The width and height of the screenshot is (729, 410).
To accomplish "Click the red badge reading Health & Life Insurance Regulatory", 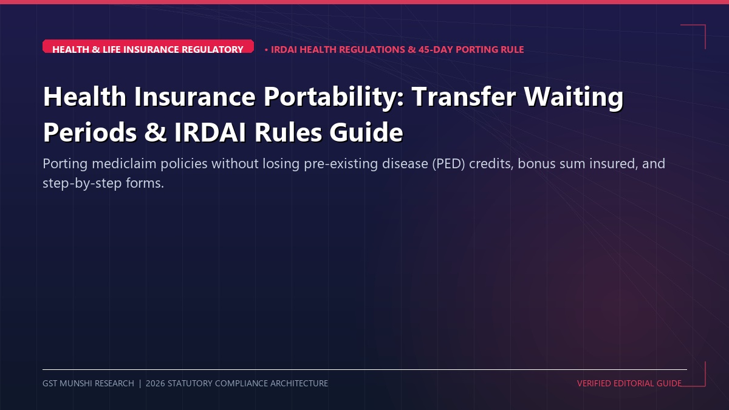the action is [x=148, y=46].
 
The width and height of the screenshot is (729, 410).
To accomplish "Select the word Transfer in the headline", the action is [x=464, y=97].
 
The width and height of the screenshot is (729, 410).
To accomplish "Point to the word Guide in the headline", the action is [x=366, y=132].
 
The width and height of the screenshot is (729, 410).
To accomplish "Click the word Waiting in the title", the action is [x=573, y=97].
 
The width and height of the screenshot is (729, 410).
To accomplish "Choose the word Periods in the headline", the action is [x=90, y=132].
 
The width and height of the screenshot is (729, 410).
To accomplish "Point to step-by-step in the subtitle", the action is [x=83, y=183].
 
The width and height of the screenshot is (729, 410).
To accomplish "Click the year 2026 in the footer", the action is [x=156, y=383].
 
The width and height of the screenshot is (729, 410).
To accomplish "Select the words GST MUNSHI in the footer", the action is [x=67, y=383].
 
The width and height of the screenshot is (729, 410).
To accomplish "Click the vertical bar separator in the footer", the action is [x=140, y=383].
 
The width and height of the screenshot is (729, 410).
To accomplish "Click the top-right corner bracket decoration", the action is [x=705, y=25].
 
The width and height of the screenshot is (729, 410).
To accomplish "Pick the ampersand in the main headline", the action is [x=156, y=132].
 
